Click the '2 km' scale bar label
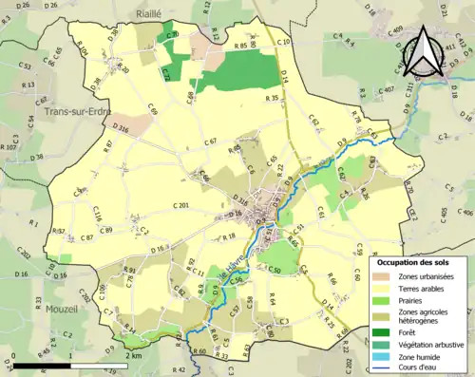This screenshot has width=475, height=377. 134,355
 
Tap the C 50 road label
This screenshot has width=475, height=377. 275,271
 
